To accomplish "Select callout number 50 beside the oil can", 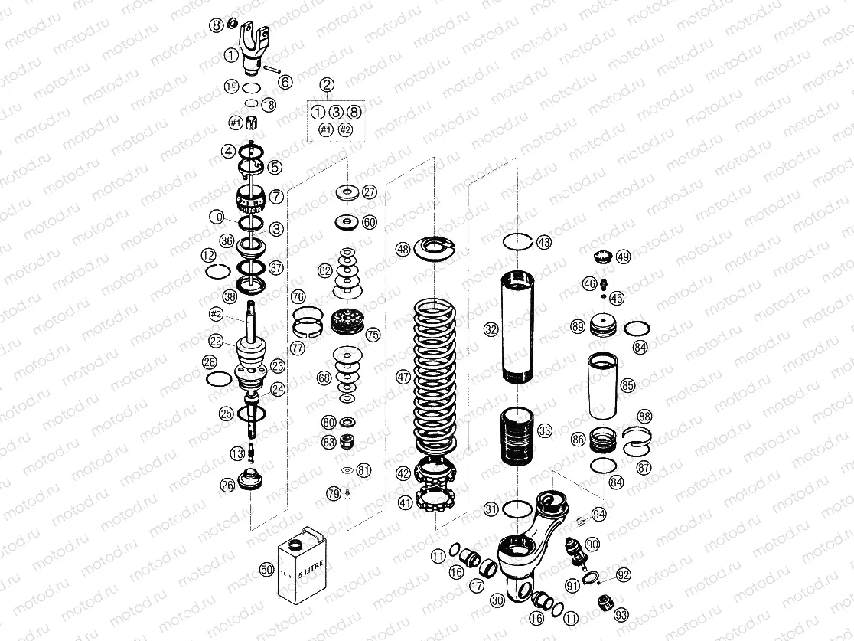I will [266, 569].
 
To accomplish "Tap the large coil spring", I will [435, 375].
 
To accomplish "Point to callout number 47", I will [403, 377].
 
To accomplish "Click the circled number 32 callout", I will [491, 330].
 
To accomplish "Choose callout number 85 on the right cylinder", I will [627, 385].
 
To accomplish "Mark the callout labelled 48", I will [403, 249].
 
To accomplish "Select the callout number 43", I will [543, 242].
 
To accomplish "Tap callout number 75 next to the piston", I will [373, 335].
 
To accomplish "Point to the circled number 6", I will [285, 81].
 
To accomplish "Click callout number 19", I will [232, 87].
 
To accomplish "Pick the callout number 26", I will [227, 484].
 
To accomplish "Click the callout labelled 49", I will [624, 257].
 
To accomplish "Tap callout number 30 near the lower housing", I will [497, 601].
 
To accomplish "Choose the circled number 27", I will [370, 191].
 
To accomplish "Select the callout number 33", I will [545, 431].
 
